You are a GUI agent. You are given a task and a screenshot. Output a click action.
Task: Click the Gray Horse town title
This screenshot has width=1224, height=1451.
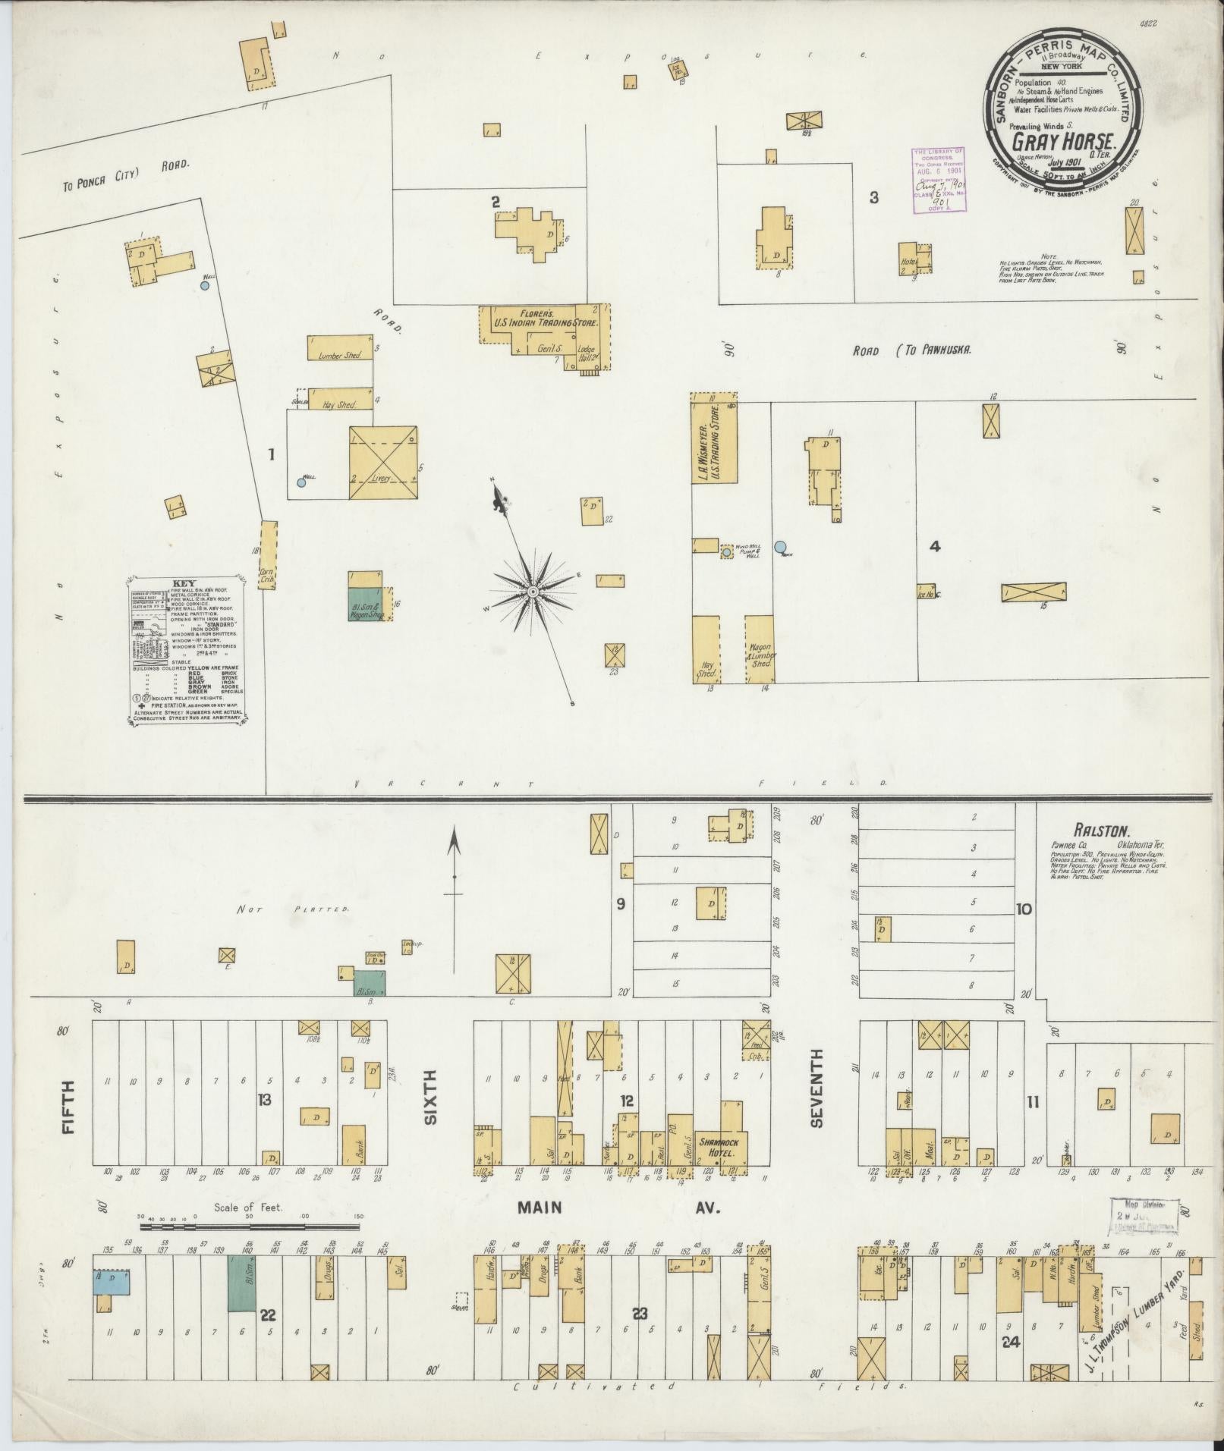tap(1060, 142)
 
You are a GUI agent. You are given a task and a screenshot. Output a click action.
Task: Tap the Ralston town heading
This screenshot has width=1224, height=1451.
tap(1091, 831)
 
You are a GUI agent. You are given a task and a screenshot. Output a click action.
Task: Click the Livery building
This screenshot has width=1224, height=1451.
tap(382, 463)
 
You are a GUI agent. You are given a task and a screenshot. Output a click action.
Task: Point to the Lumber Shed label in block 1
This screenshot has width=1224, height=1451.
tap(339, 354)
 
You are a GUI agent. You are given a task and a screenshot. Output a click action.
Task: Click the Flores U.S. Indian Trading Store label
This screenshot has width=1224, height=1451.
tap(543, 318)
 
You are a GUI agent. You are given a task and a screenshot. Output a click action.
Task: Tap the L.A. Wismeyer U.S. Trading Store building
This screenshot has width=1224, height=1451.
tap(713, 441)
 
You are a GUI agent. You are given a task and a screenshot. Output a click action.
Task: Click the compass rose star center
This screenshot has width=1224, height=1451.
tap(533, 590)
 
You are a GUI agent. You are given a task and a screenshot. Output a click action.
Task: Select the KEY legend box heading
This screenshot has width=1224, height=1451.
tap(185, 583)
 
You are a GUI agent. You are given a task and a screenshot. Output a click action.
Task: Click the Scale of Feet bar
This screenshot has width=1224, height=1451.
tap(250, 1246)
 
